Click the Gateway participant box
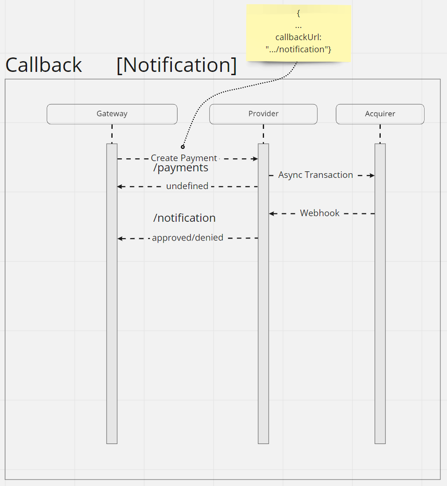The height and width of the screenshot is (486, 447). pyautogui.click(x=112, y=114)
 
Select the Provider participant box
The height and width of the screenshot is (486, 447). pyautogui.click(x=263, y=114)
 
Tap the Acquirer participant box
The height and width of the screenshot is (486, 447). pyautogui.click(x=380, y=114)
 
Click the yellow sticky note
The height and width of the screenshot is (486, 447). pyautogui.click(x=298, y=33)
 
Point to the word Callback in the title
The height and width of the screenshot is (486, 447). pyautogui.click(x=44, y=65)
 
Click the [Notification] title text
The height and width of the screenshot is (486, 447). pyautogui.click(x=177, y=65)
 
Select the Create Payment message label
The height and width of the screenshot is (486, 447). pyautogui.click(x=184, y=158)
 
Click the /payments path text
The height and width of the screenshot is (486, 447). pyautogui.click(x=181, y=168)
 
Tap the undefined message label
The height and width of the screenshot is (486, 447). pyautogui.click(x=187, y=186)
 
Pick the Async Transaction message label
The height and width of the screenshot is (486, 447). pyautogui.click(x=316, y=175)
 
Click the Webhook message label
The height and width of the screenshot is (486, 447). pyautogui.click(x=320, y=213)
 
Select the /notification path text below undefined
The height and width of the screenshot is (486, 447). pyautogui.click(x=184, y=218)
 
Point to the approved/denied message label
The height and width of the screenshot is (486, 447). pyautogui.click(x=188, y=238)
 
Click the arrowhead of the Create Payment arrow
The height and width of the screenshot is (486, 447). pyautogui.click(x=255, y=159)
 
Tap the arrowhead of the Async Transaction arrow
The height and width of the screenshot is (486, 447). pyautogui.click(x=372, y=176)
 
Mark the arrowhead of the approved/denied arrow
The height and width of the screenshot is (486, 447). pyautogui.click(x=120, y=239)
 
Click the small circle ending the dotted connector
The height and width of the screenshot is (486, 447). pyautogui.click(x=183, y=147)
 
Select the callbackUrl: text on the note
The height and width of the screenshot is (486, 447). pyautogui.click(x=298, y=38)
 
